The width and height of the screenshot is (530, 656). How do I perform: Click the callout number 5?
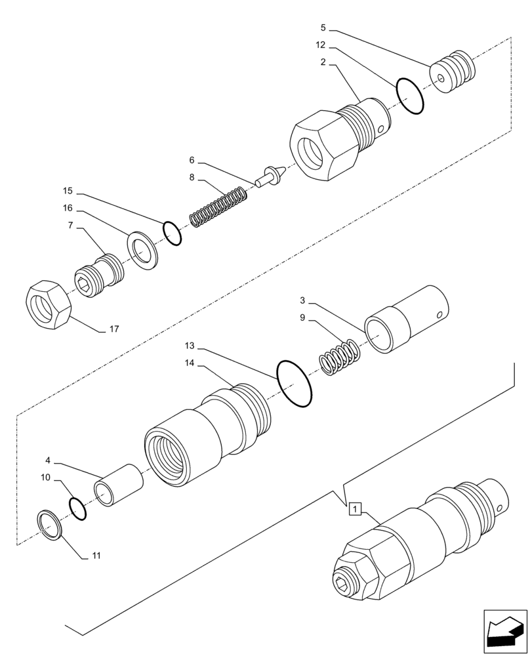click(323, 28)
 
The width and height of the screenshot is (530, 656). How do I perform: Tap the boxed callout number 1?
click(354, 508)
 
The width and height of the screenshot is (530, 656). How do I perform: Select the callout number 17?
click(113, 329)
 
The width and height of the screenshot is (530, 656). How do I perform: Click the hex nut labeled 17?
click(47, 305)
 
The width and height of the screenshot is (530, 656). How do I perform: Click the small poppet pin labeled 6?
click(270, 175)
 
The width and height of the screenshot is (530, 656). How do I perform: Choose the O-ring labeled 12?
click(410, 96)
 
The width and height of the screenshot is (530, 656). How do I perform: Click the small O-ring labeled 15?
click(172, 233)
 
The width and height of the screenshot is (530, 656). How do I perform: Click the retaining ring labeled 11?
click(51, 525)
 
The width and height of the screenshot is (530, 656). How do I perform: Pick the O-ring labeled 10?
click(77, 508)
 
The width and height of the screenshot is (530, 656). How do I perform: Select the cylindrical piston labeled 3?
click(407, 319)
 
